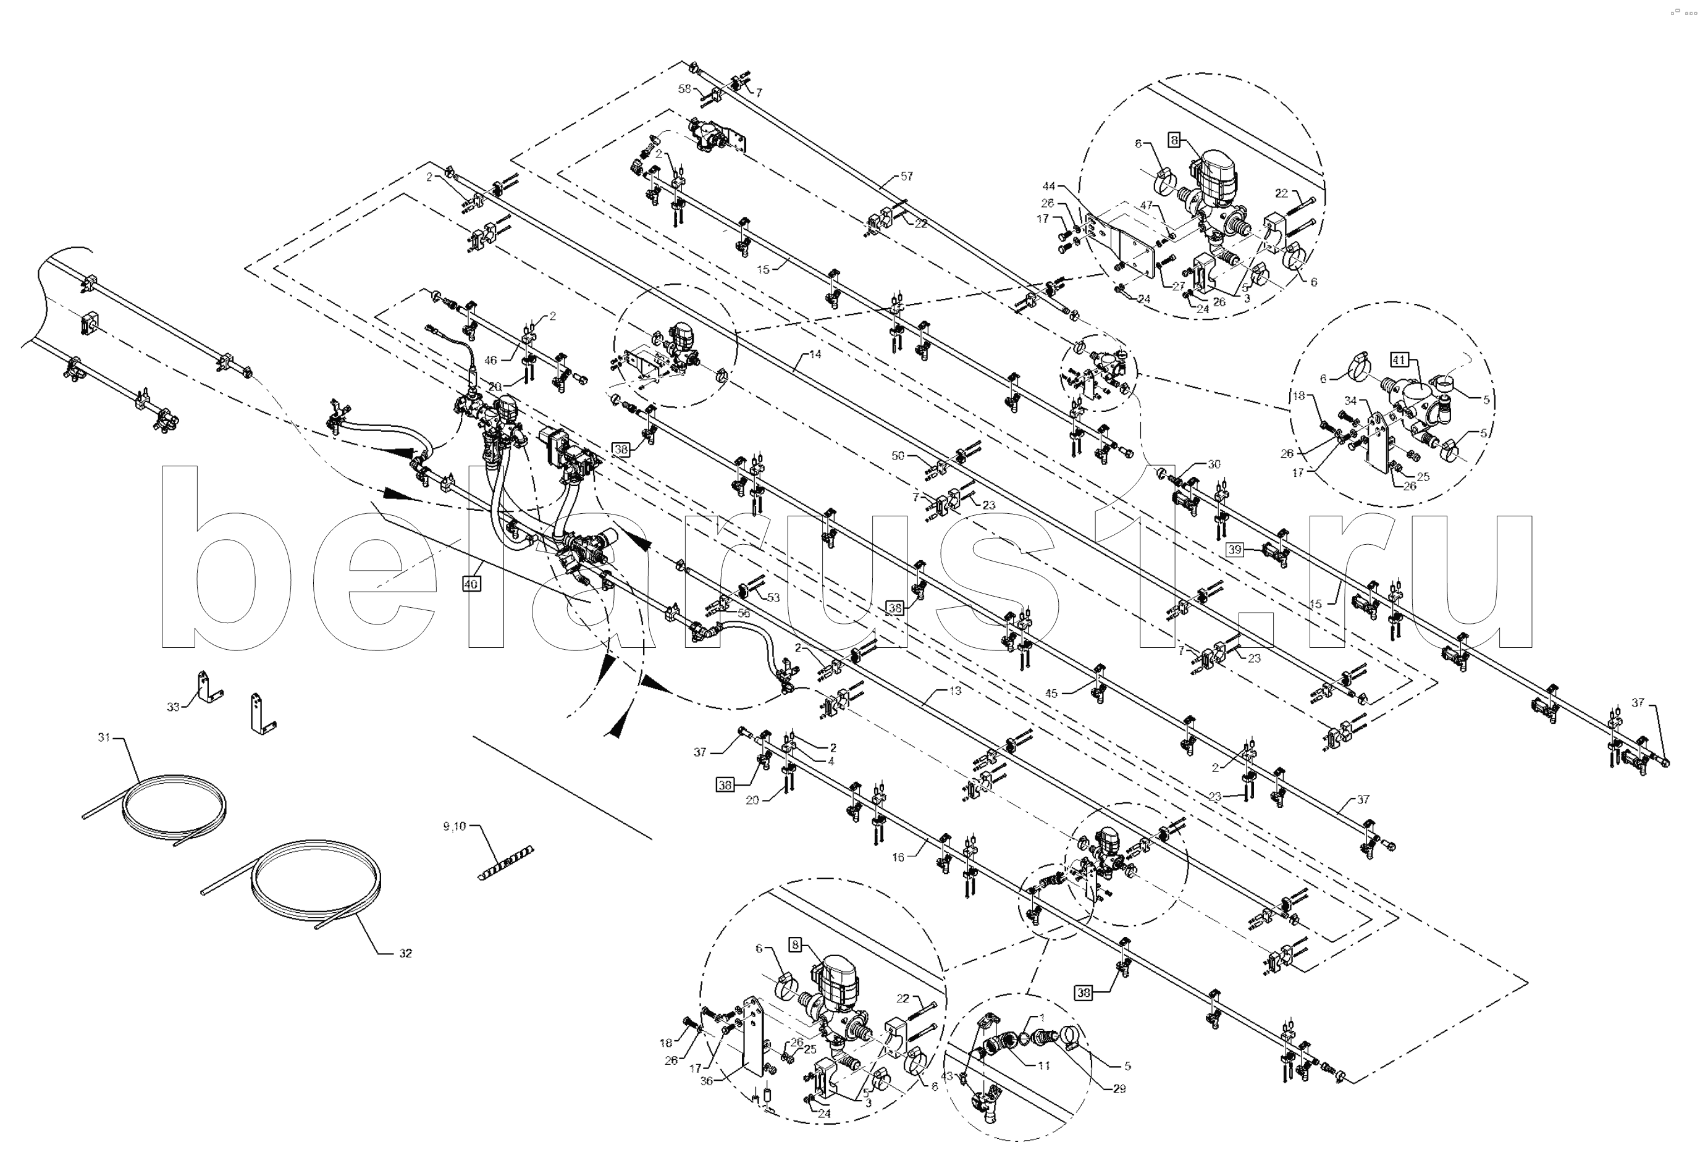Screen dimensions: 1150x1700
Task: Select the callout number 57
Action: [906, 176]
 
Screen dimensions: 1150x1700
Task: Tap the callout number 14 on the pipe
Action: [815, 354]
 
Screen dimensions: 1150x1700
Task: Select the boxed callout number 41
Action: [1399, 360]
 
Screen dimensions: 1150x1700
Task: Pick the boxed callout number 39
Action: [1235, 550]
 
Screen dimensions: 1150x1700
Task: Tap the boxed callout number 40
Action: [471, 584]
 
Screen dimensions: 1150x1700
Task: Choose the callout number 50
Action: [898, 456]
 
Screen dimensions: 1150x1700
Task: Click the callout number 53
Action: [773, 598]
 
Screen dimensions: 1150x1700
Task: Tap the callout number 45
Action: [1051, 694]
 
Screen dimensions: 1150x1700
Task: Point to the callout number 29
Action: [1119, 1089]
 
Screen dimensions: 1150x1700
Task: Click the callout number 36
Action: [707, 1080]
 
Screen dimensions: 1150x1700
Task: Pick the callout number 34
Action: [1350, 401]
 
